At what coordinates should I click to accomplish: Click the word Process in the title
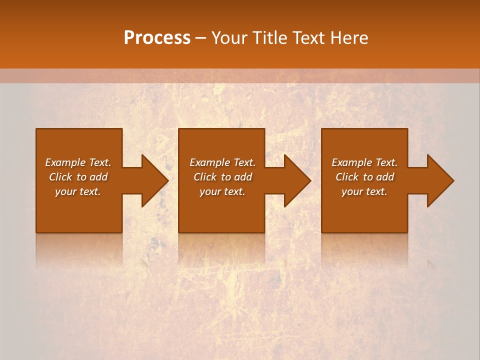tap(157, 38)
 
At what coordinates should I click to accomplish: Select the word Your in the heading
tap(229, 38)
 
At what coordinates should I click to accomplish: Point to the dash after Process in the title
tap(201, 38)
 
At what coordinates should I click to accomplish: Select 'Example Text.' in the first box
tap(78, 162)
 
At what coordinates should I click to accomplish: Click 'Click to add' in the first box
tap(78, 177)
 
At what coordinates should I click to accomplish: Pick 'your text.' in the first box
tap(78, 191)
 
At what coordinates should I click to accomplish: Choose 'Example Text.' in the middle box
tap(222, 162)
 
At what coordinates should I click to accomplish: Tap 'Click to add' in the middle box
tap(222, 177)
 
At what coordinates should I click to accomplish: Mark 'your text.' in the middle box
tap(222, 191)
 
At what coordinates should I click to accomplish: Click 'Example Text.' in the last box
tap(364, 162)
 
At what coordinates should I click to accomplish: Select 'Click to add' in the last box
tap(364, 177)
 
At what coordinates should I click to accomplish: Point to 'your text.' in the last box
tap(364, 191)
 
